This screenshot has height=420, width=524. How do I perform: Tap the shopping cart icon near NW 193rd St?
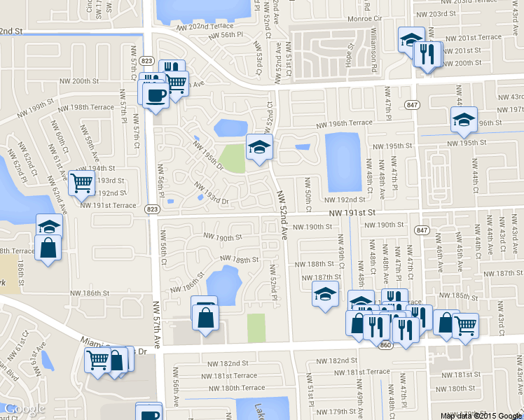pyautogui.click(x=82, y=183)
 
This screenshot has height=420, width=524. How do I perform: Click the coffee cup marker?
pyautogui.click(x=156, y=95)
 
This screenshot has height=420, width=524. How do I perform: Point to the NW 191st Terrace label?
pyautogui.click(x=108, y=205)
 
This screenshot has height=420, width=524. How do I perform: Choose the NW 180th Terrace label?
pyautogui.click(x=233, y=388)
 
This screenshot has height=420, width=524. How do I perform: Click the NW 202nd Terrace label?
pyautogui.click(x=195, y=27)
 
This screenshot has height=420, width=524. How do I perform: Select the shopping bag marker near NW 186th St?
pyautogui.click(x=205, y=318)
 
